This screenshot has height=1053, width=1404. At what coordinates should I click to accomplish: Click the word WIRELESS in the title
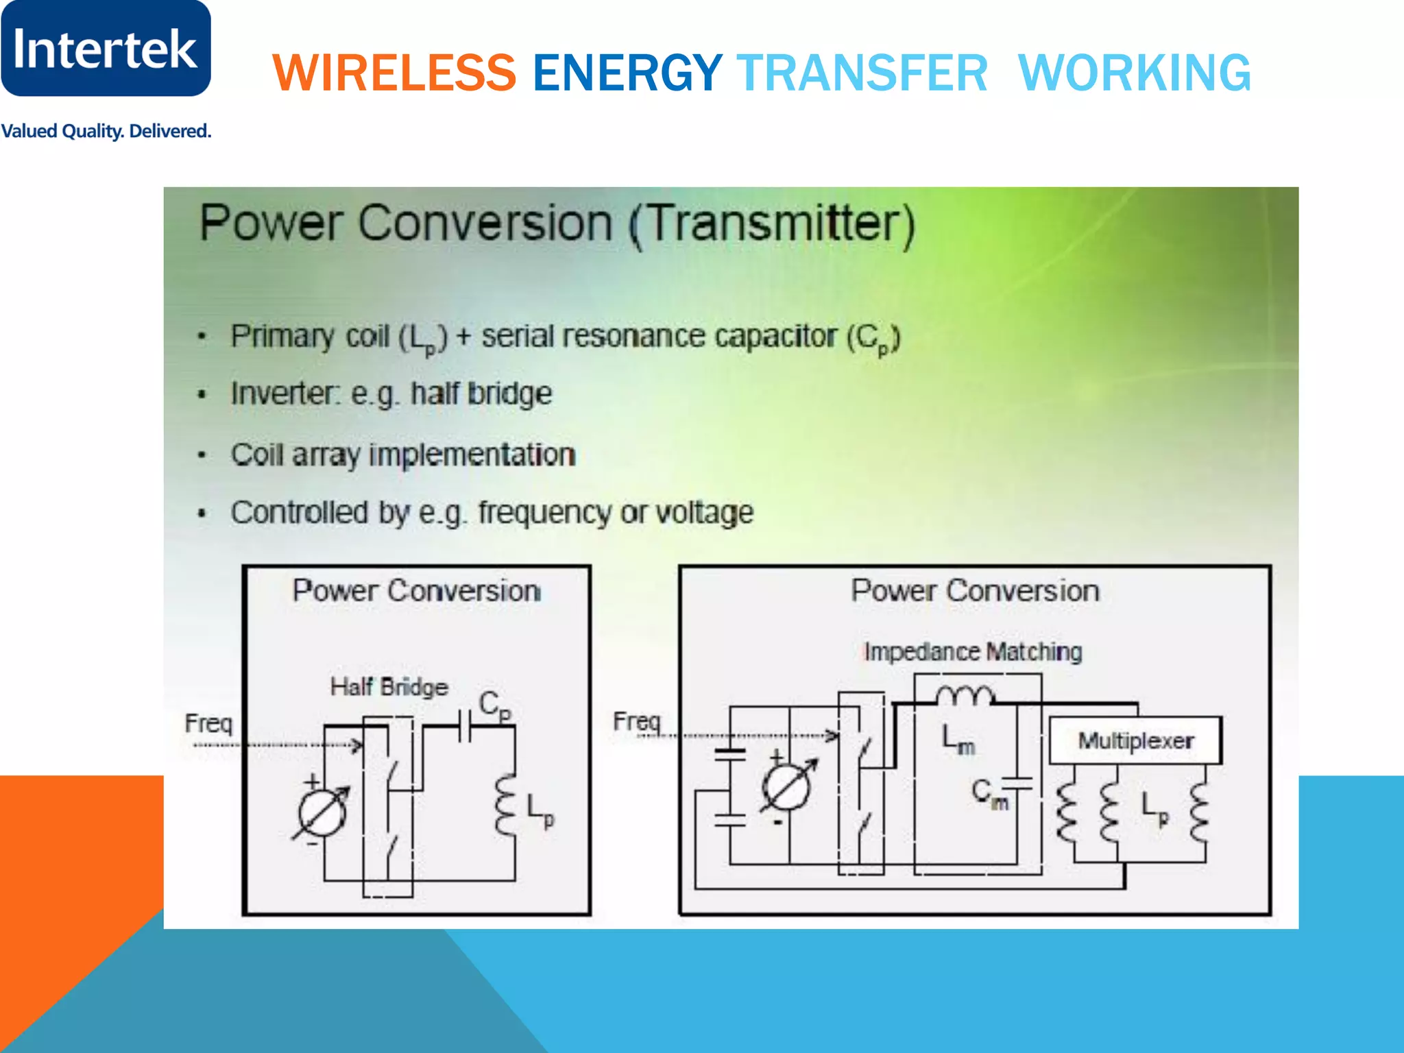tap(394, 73)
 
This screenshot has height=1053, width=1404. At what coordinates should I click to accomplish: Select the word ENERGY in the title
tap(627, 73)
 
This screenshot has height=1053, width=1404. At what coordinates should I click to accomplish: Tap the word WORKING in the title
tap(1135, 73)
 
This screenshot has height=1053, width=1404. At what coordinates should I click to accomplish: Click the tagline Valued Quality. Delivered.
tap(106, 131)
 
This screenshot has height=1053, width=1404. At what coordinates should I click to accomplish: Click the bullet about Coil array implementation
tap(402, 455)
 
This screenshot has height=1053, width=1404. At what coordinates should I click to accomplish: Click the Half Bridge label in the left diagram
tap(389, 687)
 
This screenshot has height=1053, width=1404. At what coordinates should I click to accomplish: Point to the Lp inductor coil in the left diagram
tap(507, 806)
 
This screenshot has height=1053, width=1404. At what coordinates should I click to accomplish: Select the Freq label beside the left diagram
tap(208, 723)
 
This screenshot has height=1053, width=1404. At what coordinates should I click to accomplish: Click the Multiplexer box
tap(1135, 740)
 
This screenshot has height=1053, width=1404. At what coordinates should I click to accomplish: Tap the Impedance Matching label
tap(973, 652)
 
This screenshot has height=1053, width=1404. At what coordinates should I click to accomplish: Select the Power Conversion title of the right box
tap(975, 591)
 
